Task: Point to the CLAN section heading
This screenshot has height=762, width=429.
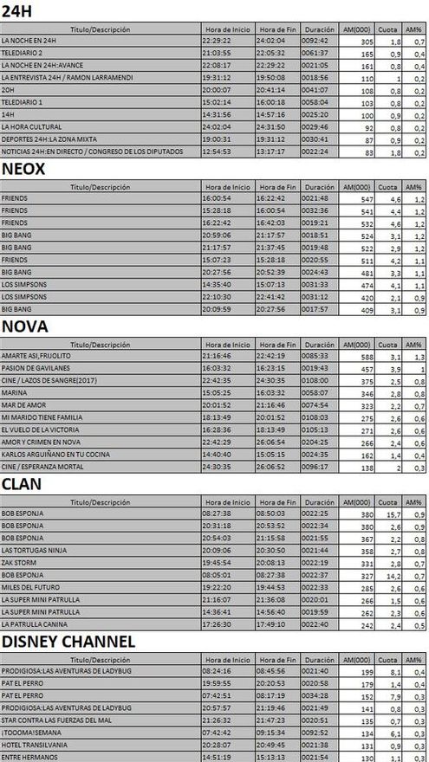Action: tap(24, 482)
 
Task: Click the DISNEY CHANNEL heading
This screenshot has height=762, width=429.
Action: tap(68, 641)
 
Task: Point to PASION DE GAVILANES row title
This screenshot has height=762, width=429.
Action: tap(35, 367)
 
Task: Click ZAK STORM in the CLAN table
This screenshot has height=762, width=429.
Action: tap(17, 561)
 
